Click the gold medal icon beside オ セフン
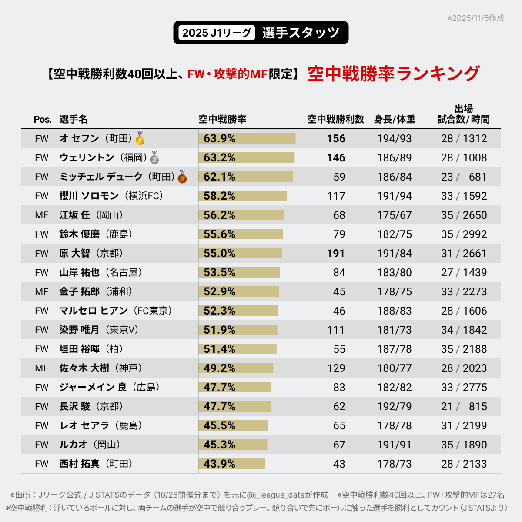click(x=140, y=138)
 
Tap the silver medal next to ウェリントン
click(x=154, y=157)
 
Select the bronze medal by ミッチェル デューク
click(x=182, y=177)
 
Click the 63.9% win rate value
click(x=219, y=138)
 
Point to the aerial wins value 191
click(x=336, y=253)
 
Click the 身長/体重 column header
click(x=395, y=119)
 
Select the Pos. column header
click(x=43, y=120)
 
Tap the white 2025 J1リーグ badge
click(x=216, y=33)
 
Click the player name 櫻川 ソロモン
click(x=89, y=196)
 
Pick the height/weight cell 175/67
click(x=394, y=215)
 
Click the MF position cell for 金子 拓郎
click(x=42, y=291)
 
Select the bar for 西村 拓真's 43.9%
click(x=232, y=464)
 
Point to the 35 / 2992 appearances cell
click(x=464, y=234)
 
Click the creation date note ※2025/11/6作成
click(x=475, y=18)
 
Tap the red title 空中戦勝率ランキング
click(x=394, y=74)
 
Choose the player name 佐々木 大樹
click(x=84, y=368)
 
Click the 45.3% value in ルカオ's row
click(x=219, y=445)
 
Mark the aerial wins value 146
click(x=336, y=157)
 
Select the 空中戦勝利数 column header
click(x=335, y=119)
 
